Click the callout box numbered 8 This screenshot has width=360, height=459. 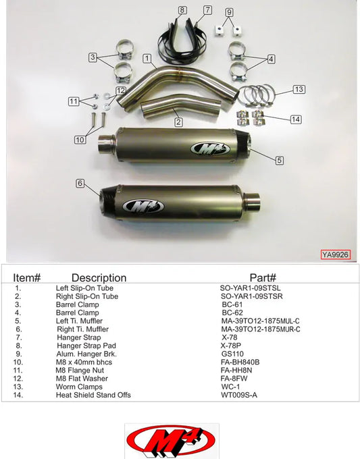click(x=182, y=10)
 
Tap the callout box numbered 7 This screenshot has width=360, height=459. click(x=207, y=10)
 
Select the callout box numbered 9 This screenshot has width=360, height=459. click(x=229, y=12)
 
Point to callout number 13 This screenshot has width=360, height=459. click(x=299, y=89)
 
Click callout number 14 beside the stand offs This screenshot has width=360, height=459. click(x=295, y=119)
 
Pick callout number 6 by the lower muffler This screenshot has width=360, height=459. click(x=80, y=183)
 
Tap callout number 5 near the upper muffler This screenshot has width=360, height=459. click(x=280, y=160)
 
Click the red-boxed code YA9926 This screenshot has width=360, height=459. click(x=335, y=255)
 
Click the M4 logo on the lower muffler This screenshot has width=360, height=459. click(x=142, y=207)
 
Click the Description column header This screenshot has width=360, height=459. click(x=99, y=277)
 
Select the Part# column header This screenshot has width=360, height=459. click(x=263, y=277)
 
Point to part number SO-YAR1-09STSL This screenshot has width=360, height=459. click(x=250, y=288)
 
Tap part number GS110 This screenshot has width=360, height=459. click(x=232, y=353)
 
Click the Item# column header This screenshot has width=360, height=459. click(x=28, y=277)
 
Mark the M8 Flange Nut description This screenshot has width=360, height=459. click(x=80, y=370)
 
